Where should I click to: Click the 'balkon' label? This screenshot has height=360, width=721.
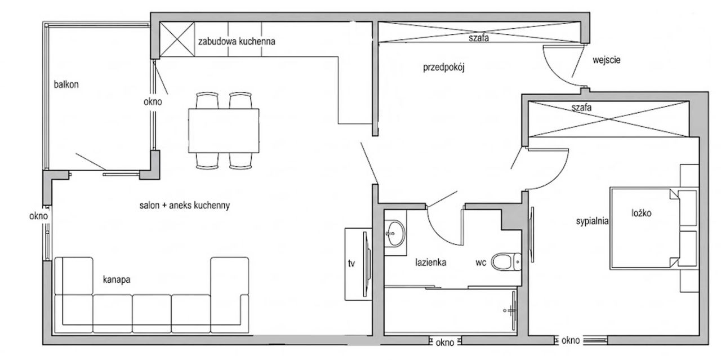(x=66, y=85)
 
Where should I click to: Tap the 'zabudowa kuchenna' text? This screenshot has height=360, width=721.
(x=237, y=42)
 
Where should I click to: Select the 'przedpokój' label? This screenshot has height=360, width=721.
(x=443, y=68)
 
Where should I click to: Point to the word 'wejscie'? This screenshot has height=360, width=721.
(x=607, y=60)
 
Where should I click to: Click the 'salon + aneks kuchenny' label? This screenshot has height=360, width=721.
(x=184, y=206)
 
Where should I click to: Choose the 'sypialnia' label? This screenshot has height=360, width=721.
(x=592, y=221)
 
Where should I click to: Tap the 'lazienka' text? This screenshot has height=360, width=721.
(x=431, y=263)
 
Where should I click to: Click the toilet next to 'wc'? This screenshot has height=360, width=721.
(x=506, y=261)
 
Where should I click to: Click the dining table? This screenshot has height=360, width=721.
(x=224, y=130)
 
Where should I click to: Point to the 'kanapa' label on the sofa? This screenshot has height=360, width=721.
(x=117, y=279)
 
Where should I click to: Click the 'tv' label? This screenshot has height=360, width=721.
(x=351, y=264)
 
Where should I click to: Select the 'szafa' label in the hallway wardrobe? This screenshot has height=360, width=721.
(x=479, y=38)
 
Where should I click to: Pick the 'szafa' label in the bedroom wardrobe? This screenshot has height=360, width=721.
(x=581, y=107)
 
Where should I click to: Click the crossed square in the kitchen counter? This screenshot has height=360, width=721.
(x=177, y=39)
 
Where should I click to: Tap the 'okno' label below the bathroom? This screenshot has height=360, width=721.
(x=445, y=343)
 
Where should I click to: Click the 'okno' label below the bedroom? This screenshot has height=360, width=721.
(x=571, y=340)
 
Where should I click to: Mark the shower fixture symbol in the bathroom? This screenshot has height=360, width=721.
(x=511, y=310)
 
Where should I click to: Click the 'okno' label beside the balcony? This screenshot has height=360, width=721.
(x=153, y=102)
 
